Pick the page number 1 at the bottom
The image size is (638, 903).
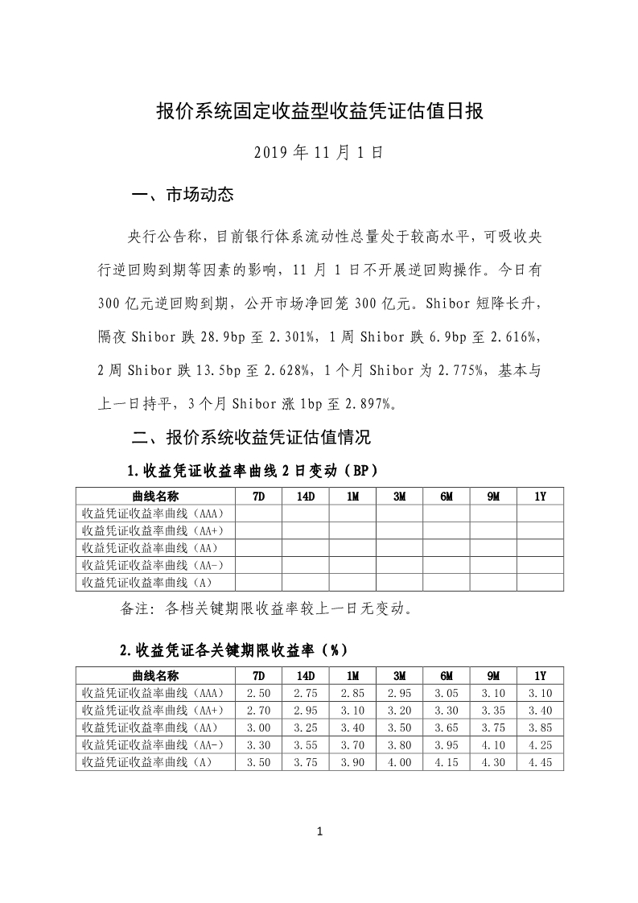(x=319, y=831)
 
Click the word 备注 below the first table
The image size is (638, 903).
(x=136, y=609)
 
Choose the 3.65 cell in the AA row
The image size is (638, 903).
(x=447, y=728)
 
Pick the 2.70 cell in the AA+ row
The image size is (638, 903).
(x=258, y=711)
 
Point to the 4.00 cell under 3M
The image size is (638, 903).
(x=399, y=762)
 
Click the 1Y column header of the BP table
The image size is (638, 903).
(x=540, y=497)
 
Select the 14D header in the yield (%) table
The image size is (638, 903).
(x=305, y=676)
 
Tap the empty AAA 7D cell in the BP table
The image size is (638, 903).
(x=258, y=513)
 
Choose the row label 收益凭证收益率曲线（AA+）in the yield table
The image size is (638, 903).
(x=153, y=711)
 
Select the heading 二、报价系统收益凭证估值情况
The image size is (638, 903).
(x=251, y=439)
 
